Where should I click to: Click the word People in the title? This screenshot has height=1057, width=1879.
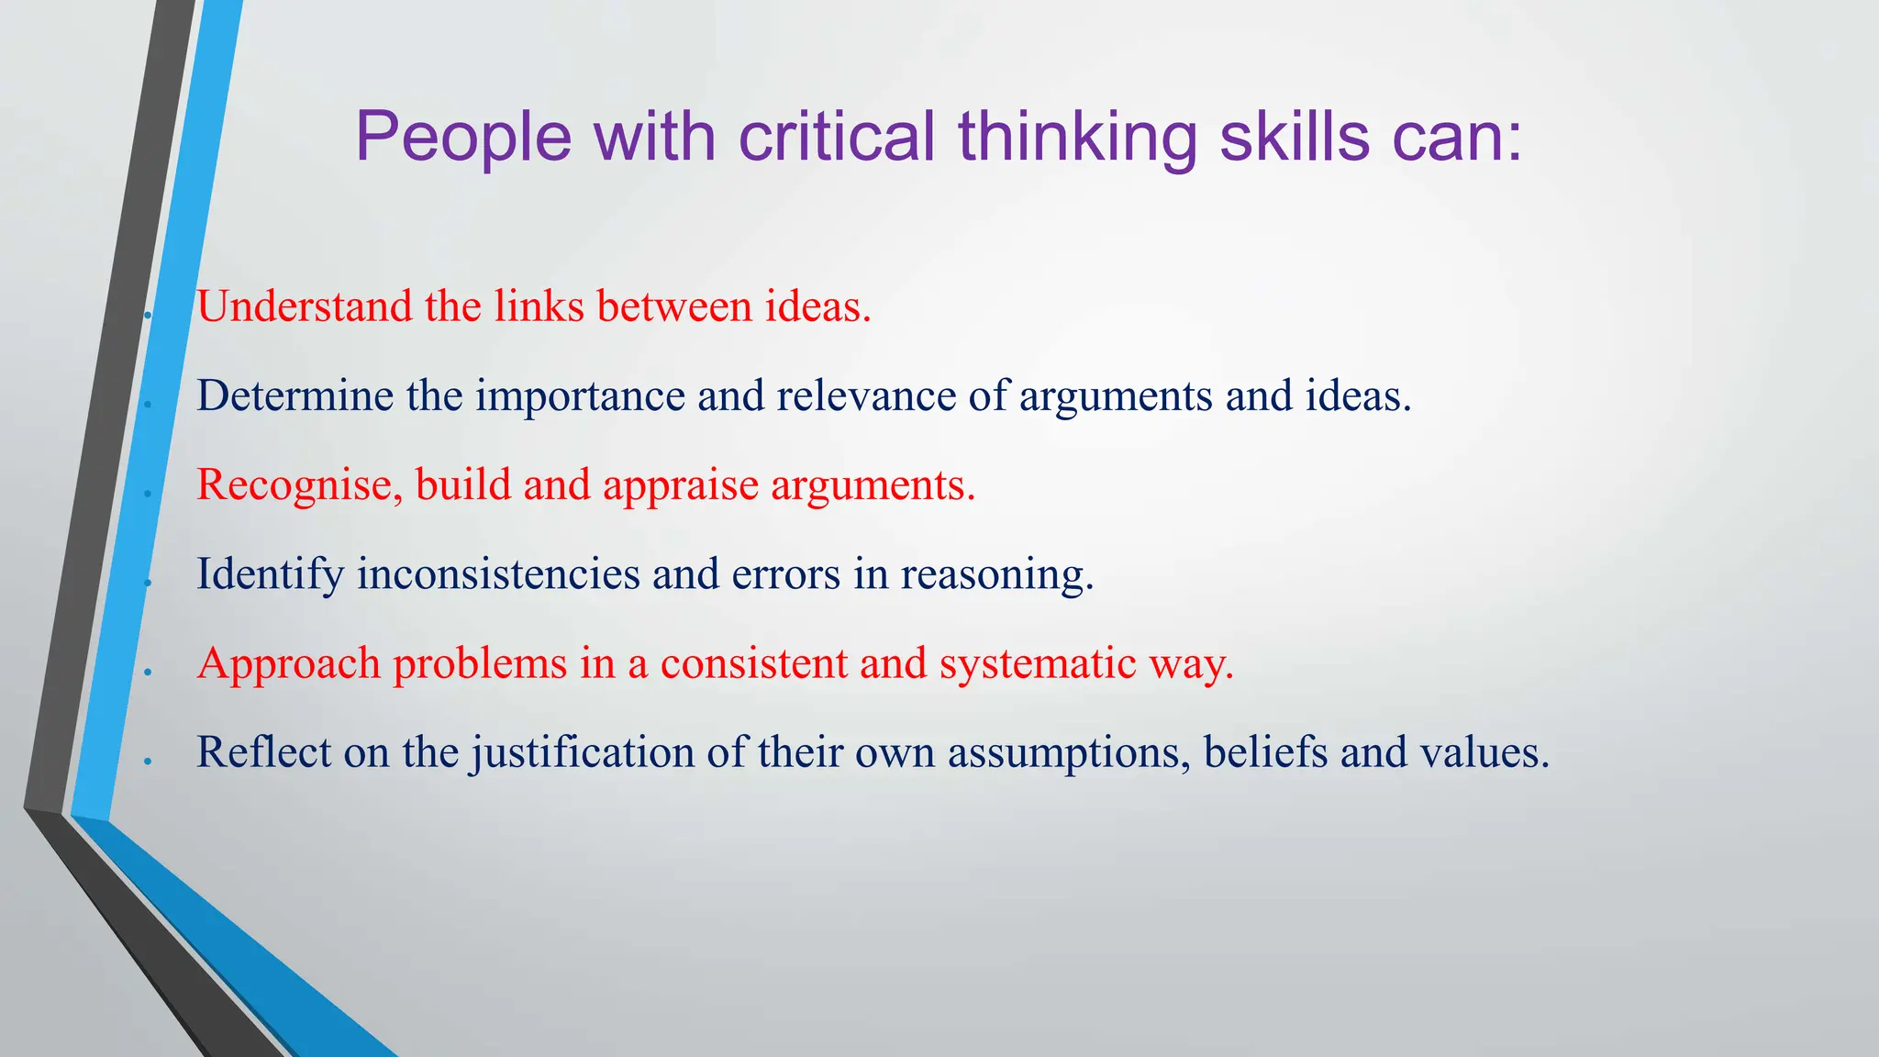tap(463, 138)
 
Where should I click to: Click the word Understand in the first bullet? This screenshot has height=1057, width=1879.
tap(304, 306)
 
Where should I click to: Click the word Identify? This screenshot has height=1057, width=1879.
tap(270, 575)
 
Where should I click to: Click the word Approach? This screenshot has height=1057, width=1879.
tap(288, 664)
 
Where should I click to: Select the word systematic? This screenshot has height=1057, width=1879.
tap(1038, 664)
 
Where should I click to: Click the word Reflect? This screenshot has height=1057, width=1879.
tap(264, 752)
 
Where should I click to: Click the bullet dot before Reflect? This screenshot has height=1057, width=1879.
tap(147, 762)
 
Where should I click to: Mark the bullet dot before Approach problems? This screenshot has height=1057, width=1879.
tap(147, 673)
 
